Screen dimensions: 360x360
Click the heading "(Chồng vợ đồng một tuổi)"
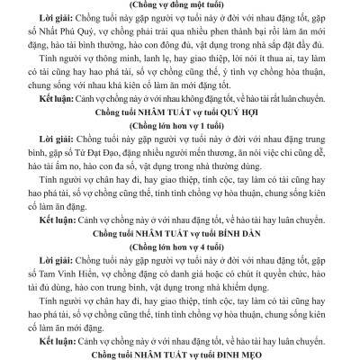[x=180, y=5]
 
